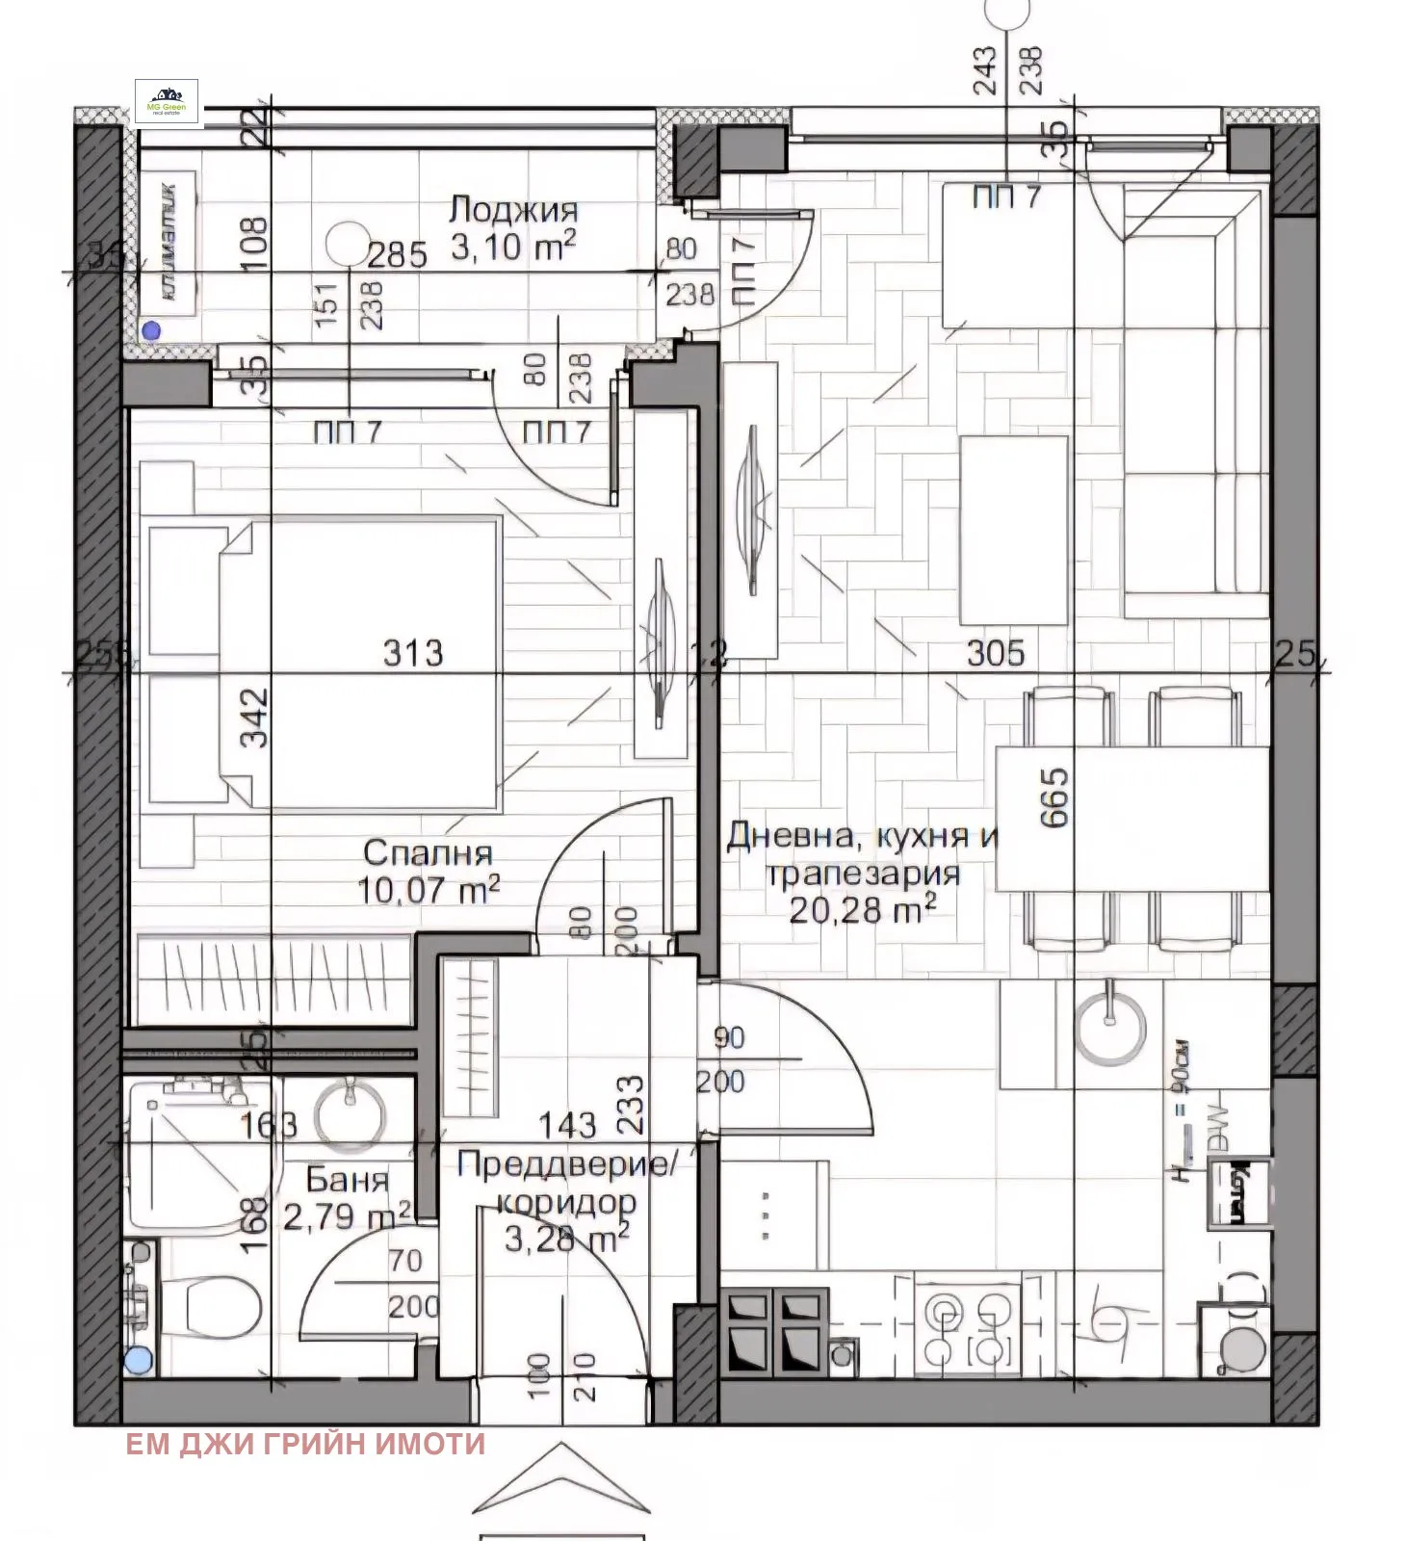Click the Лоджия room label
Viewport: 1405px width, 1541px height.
click(x=514, y=211)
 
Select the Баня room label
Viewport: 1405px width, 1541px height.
click(x=348, y=1180)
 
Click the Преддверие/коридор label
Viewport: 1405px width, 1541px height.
click(x=567, y=1184)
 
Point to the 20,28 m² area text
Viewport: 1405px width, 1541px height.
click(x=863, y=909)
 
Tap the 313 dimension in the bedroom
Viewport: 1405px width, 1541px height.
click(x=413, y=653)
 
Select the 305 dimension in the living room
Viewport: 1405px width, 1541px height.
click(x=995, y=653)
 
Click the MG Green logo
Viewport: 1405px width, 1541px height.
click(x=167, y=103)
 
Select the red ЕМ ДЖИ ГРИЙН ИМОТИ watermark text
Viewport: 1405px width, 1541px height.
click(x=305, y=1444)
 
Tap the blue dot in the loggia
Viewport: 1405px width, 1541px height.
click(x=150, y=330)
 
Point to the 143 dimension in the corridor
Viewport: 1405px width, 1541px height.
click(x=567, y=1124)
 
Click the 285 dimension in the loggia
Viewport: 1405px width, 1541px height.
click(x=398, y=255)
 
